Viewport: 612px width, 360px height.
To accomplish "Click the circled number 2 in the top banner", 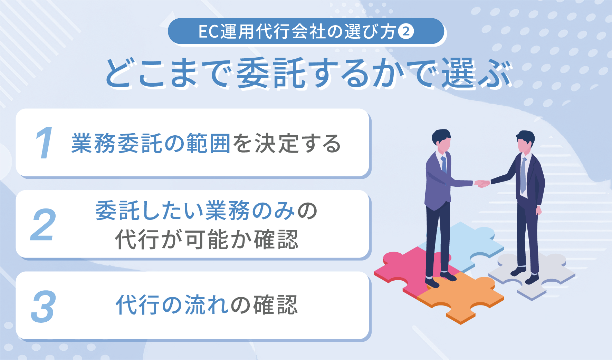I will [406, 31].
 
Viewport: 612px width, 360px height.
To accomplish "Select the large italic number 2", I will [43, 225].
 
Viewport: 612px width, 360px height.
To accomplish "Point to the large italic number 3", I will [43, 306].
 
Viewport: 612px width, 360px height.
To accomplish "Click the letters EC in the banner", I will [209, 32].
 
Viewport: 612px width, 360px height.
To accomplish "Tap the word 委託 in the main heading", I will [271, 74].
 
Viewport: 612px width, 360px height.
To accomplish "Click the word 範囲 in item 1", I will [208, 144].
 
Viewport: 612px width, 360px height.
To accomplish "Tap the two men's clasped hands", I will [482, 183].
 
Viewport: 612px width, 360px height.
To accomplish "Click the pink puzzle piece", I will [408, 269].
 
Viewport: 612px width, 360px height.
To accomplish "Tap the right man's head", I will [525, 142].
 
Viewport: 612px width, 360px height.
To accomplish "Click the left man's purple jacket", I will [437, 183].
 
